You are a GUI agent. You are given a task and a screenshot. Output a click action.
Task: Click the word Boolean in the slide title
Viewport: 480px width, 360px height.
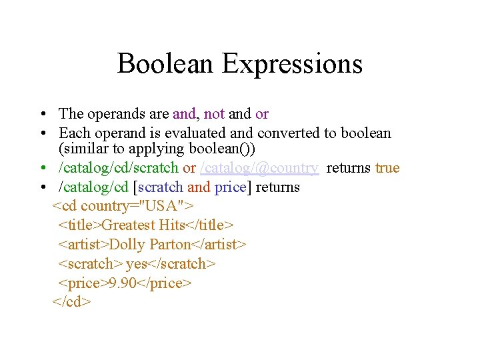(166, 64)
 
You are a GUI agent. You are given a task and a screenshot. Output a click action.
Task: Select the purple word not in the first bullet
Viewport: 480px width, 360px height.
(214, 114)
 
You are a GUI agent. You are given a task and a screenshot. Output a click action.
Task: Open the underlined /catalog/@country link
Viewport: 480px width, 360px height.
(259, 168)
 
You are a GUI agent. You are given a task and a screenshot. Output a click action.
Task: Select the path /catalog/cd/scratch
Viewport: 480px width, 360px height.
(119, 168)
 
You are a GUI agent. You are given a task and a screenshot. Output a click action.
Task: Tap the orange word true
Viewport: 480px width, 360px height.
(387, 168)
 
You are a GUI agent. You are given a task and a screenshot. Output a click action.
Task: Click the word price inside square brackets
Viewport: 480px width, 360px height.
(230, 187)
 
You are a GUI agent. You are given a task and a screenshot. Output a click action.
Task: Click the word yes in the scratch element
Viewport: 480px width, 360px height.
(136, 264)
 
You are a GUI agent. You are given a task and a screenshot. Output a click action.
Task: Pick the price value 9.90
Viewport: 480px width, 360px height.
(122, 283)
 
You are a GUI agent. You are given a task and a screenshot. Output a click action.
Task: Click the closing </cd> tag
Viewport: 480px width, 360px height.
(71, 302)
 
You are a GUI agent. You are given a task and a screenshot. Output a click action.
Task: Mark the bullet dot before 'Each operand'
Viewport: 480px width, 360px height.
(42, 133)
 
